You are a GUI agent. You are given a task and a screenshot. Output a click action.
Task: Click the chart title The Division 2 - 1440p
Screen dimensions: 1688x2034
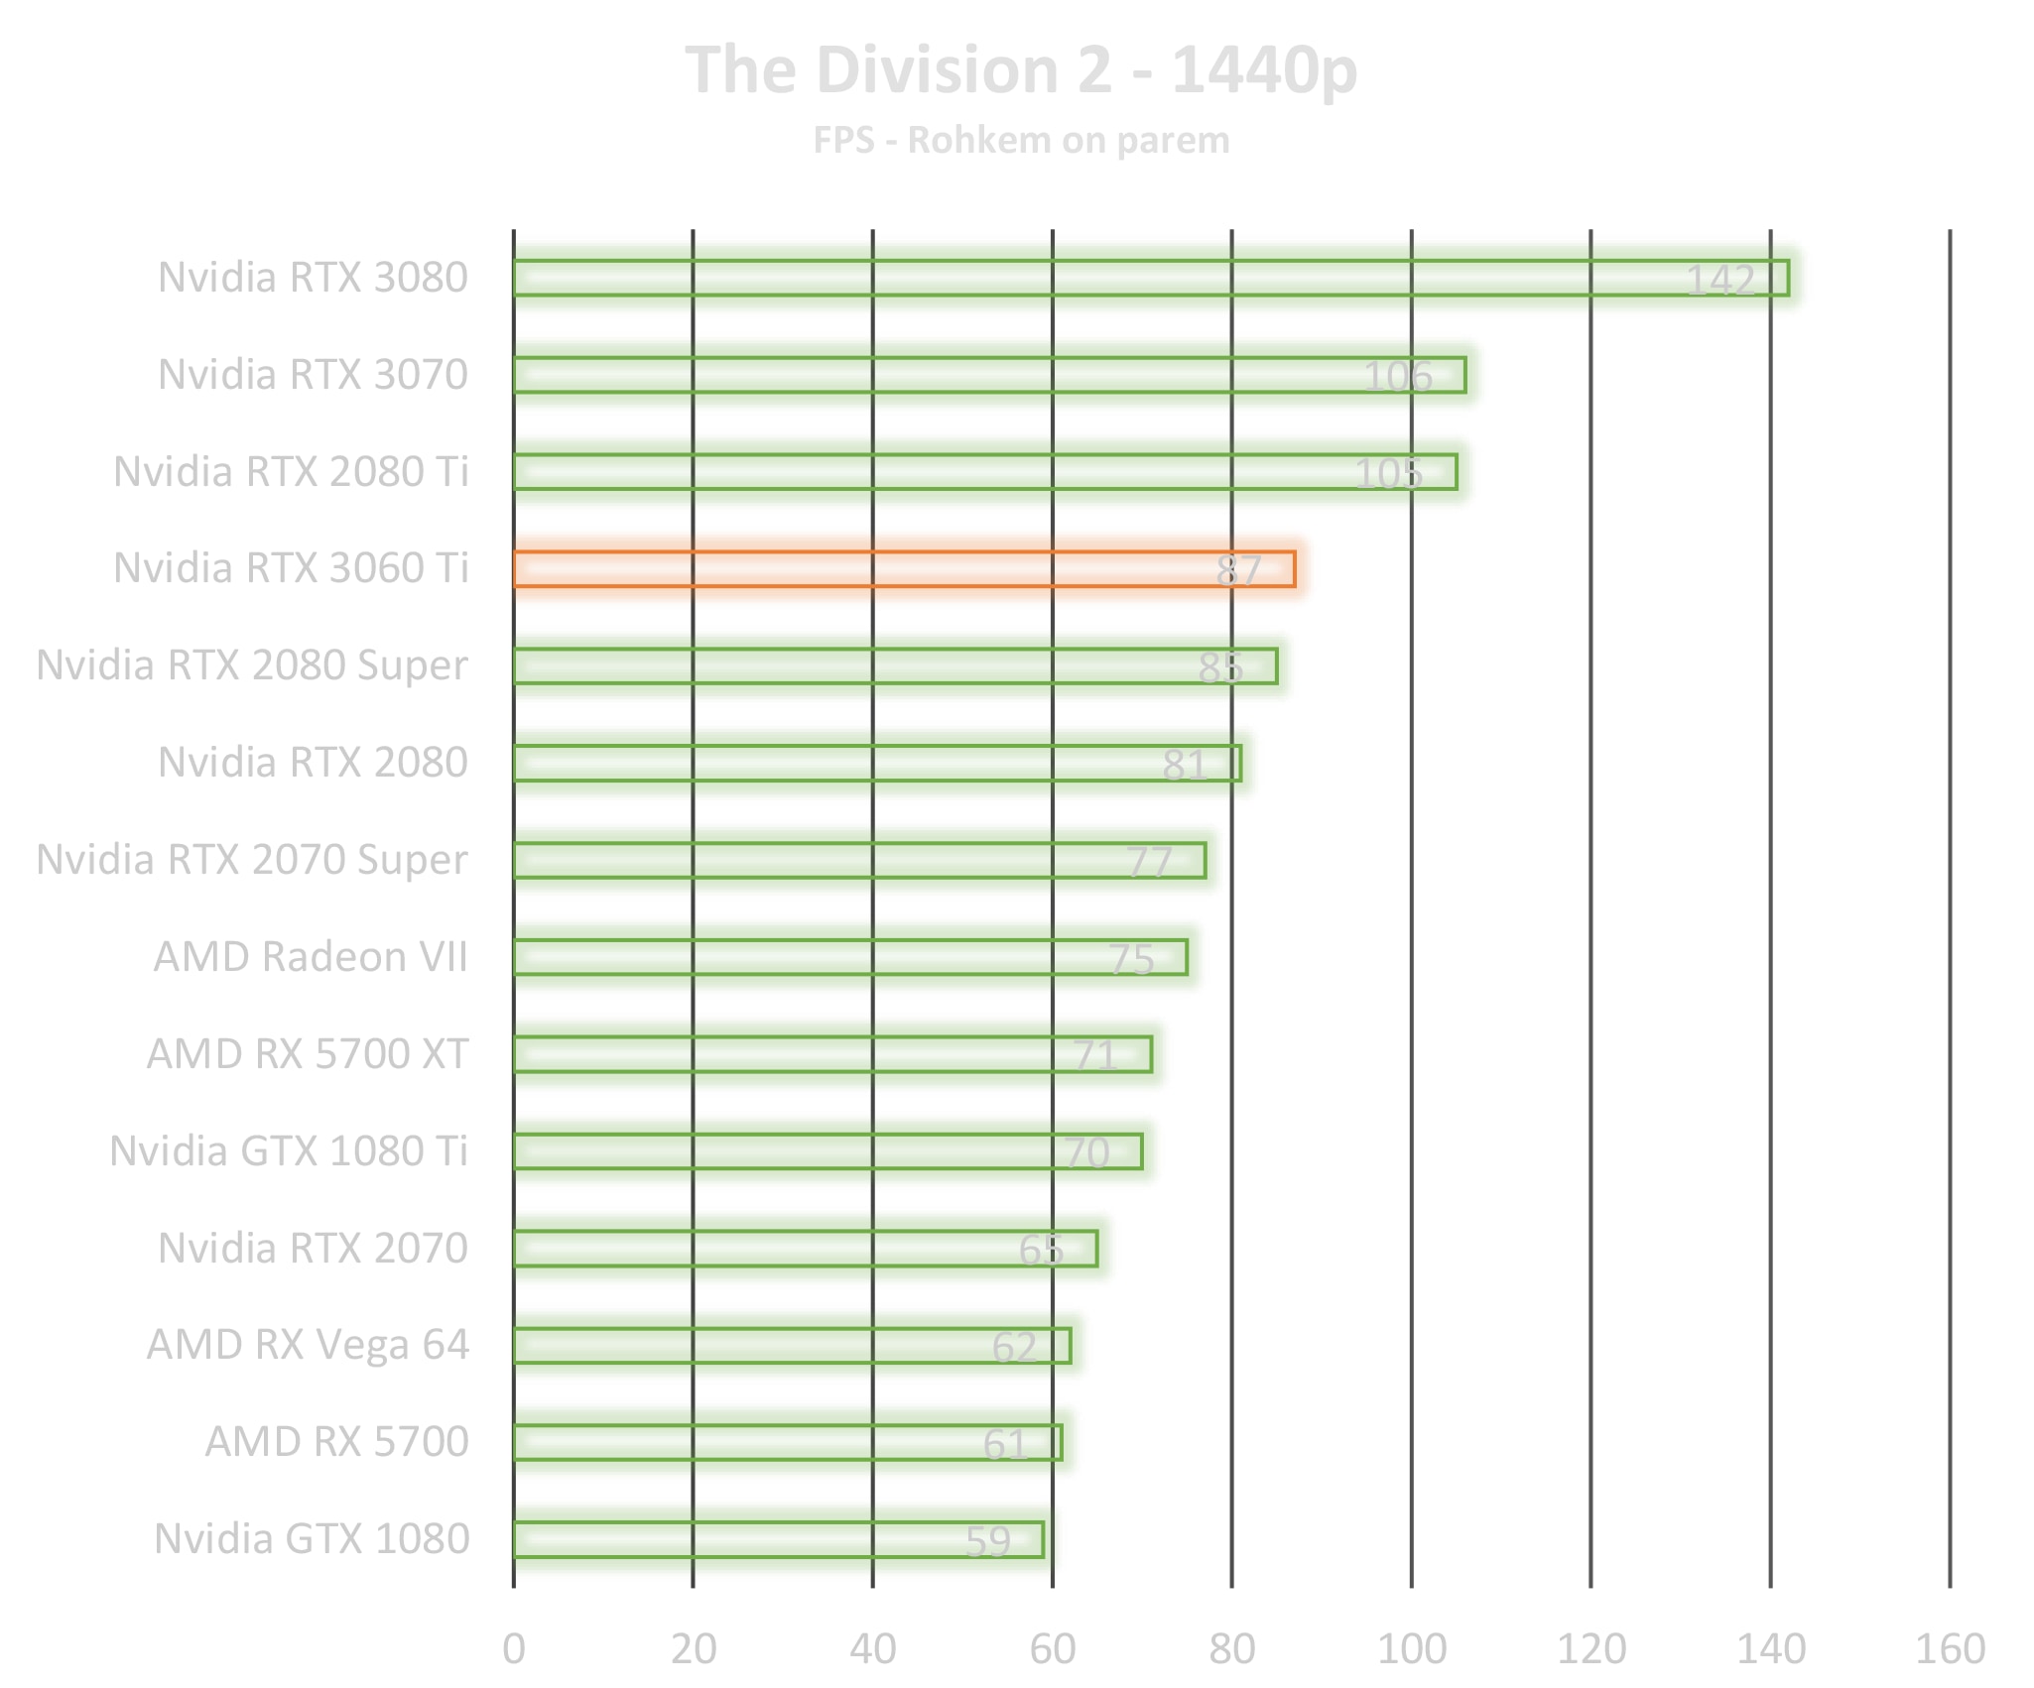[x=1021, y=70]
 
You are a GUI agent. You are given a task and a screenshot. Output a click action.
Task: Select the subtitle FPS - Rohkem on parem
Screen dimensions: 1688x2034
[x=1021, y=140]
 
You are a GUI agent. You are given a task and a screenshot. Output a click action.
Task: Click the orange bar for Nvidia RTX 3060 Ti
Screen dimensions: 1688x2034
[x=903, y=569]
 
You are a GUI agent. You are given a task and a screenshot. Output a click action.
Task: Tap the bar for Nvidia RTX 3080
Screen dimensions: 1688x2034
[x=1151, y=278]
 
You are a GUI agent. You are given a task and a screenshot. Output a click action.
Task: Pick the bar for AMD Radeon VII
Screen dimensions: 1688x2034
[x=850, y=957]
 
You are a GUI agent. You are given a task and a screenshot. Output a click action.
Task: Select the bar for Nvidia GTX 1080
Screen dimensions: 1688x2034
[x=778, y=1539]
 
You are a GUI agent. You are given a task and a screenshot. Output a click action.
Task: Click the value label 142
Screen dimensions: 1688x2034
[x=1720, y=281]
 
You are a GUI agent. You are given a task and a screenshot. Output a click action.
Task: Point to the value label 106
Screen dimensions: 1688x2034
[x=1398, y=377]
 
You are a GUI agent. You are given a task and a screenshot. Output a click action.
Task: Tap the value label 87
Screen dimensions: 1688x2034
[x=1239, y=570]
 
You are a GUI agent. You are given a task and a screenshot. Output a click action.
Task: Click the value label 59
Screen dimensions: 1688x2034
[x=988, y=1541]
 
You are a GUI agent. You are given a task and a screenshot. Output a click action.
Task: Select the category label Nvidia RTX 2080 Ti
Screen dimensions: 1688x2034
[x=291, y=472]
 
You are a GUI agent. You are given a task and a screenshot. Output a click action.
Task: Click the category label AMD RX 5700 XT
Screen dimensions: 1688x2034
[x=308, y=1054]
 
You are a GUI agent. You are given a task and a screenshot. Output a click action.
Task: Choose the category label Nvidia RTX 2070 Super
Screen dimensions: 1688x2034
[x=252, y=860]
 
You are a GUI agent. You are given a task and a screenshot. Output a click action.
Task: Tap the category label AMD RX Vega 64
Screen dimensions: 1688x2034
[x=308, y=1345]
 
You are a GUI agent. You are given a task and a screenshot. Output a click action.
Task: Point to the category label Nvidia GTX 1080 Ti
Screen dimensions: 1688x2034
[x=289, y=1151]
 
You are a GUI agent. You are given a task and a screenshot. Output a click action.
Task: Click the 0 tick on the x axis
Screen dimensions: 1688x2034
[x=514, y=1648]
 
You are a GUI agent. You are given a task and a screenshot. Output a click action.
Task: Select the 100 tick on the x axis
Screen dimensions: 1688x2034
[x=1412, y=1648]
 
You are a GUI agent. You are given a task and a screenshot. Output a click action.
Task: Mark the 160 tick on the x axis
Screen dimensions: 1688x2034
[x=1950, y=1648]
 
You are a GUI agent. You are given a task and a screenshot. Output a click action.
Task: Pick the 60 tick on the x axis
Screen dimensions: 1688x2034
[x=1053, y=1648]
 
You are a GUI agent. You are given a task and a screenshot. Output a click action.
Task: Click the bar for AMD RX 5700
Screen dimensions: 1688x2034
[x=787, y=1442]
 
